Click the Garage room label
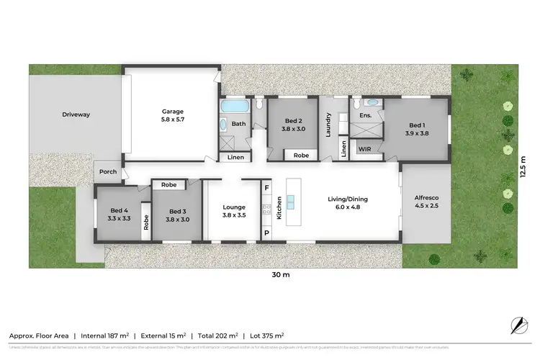point(172,112)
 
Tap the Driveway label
point(75,114)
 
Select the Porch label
point(108,171)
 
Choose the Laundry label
point(328,124)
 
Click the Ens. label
point(365,115)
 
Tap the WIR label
point(365,150)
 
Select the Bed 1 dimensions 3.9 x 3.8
point(417,132)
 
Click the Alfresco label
point(426,198)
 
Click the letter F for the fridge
point(266,188)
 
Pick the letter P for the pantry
point(266,233)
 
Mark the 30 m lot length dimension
point(281,275)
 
